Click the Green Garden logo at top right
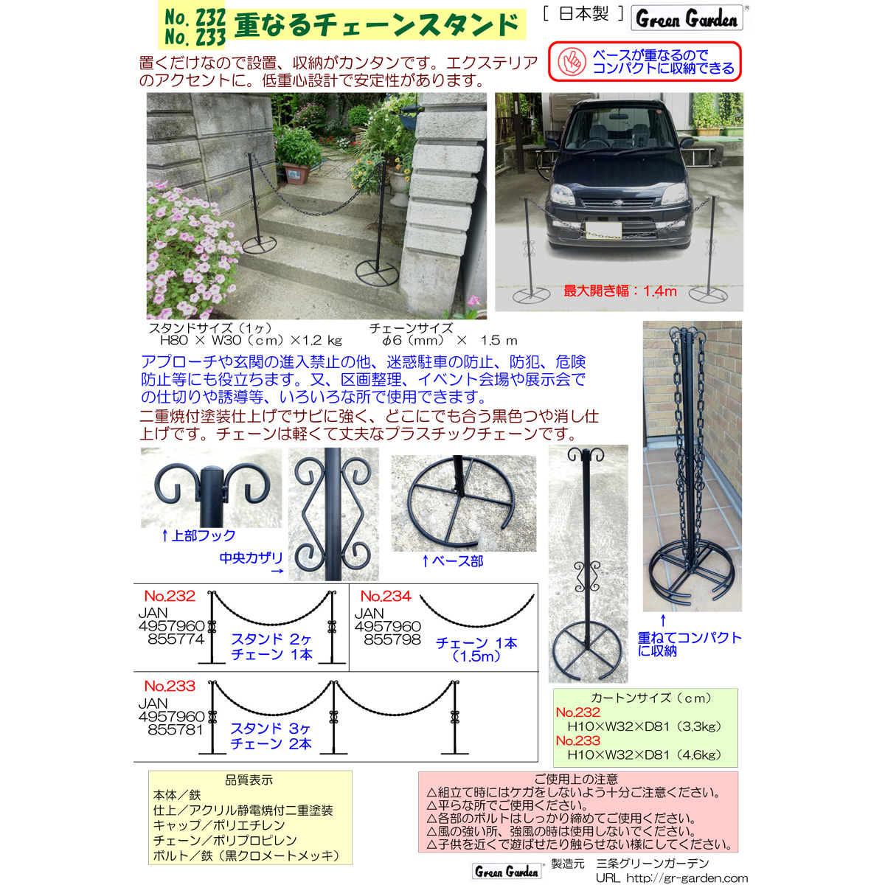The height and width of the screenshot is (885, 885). coord(686,18)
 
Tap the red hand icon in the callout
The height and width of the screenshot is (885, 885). coord(572,61)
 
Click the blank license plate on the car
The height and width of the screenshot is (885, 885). coord(603,229)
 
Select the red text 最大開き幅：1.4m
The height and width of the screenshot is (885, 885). coord(620,291)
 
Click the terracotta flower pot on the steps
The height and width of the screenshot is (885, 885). coord(296,173)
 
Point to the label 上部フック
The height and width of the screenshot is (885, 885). coord(198,535)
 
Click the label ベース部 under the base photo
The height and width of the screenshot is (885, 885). coord(452,560)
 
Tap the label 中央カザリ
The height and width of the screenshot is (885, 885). coord(251,558)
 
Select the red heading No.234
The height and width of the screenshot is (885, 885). coord(386,596)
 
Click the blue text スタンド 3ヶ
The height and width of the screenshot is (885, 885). coord(271,729)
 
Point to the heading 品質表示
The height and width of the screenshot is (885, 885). coord(249,780)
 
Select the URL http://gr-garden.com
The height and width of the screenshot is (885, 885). coord(672,878)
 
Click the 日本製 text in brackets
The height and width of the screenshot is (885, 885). coord(583,14)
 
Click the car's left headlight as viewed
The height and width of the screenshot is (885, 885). coord(562,194)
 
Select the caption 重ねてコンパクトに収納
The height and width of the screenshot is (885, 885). coord(689,644)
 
